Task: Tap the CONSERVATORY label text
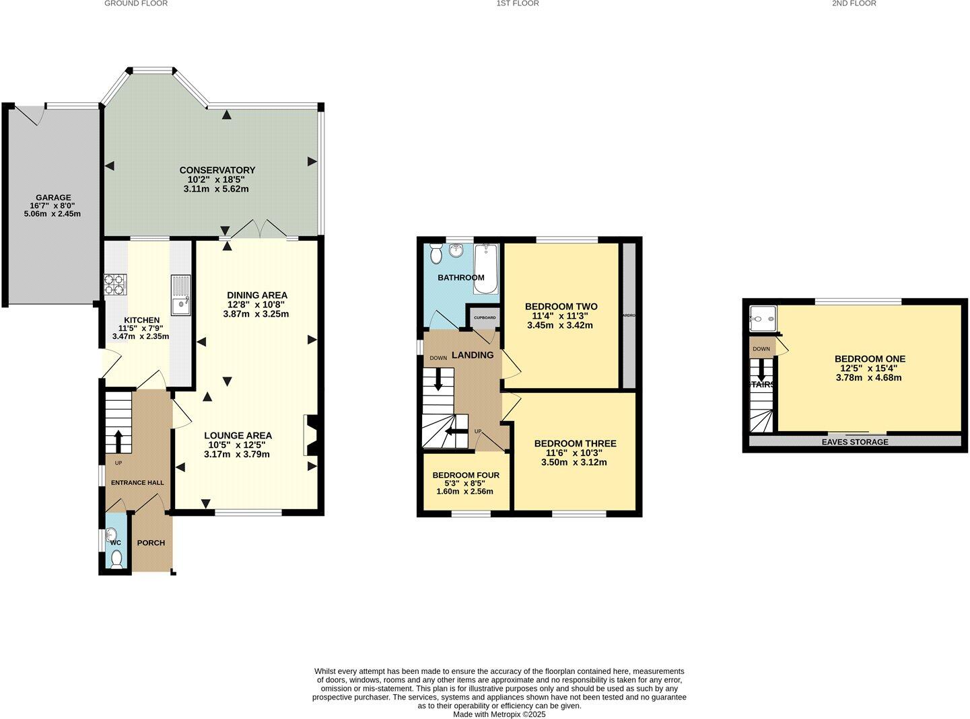click(217, 170)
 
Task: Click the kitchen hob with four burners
click(114, 285)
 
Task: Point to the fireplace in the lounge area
click(311, 436)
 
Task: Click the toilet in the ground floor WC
click(116, 558)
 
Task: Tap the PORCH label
click(151, 543)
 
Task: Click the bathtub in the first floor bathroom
click(485, 269)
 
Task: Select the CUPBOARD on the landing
click(485, 317)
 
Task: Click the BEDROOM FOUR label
click(466, 475)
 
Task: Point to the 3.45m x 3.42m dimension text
click(560, 326)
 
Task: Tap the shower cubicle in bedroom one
click(763, 319)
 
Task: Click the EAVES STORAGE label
click(855, 442)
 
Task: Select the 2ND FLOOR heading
click(854, 4)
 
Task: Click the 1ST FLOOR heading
click(517, 4)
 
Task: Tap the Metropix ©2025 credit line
click(499, 714)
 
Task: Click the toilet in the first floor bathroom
click(436, 255)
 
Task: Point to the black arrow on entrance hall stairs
click(118, 441)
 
